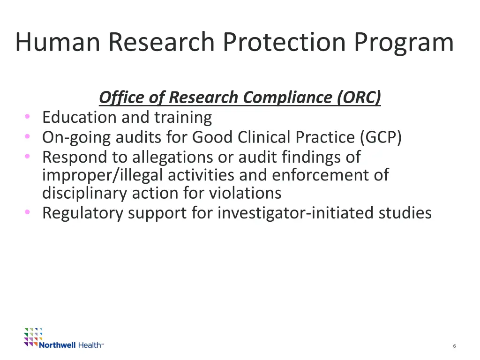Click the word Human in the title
pos(58,42)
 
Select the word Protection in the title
pos(285,42)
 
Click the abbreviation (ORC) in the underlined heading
pos(359,97)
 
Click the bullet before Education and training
pos(28,117)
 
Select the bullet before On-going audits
pos(28,136)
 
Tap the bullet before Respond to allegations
pos(28,156)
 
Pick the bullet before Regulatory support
pos(28,213)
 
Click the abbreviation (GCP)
pos(381,137)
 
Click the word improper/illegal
pos(103,175)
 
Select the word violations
pos(245,193)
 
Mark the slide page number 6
pos(454,346)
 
